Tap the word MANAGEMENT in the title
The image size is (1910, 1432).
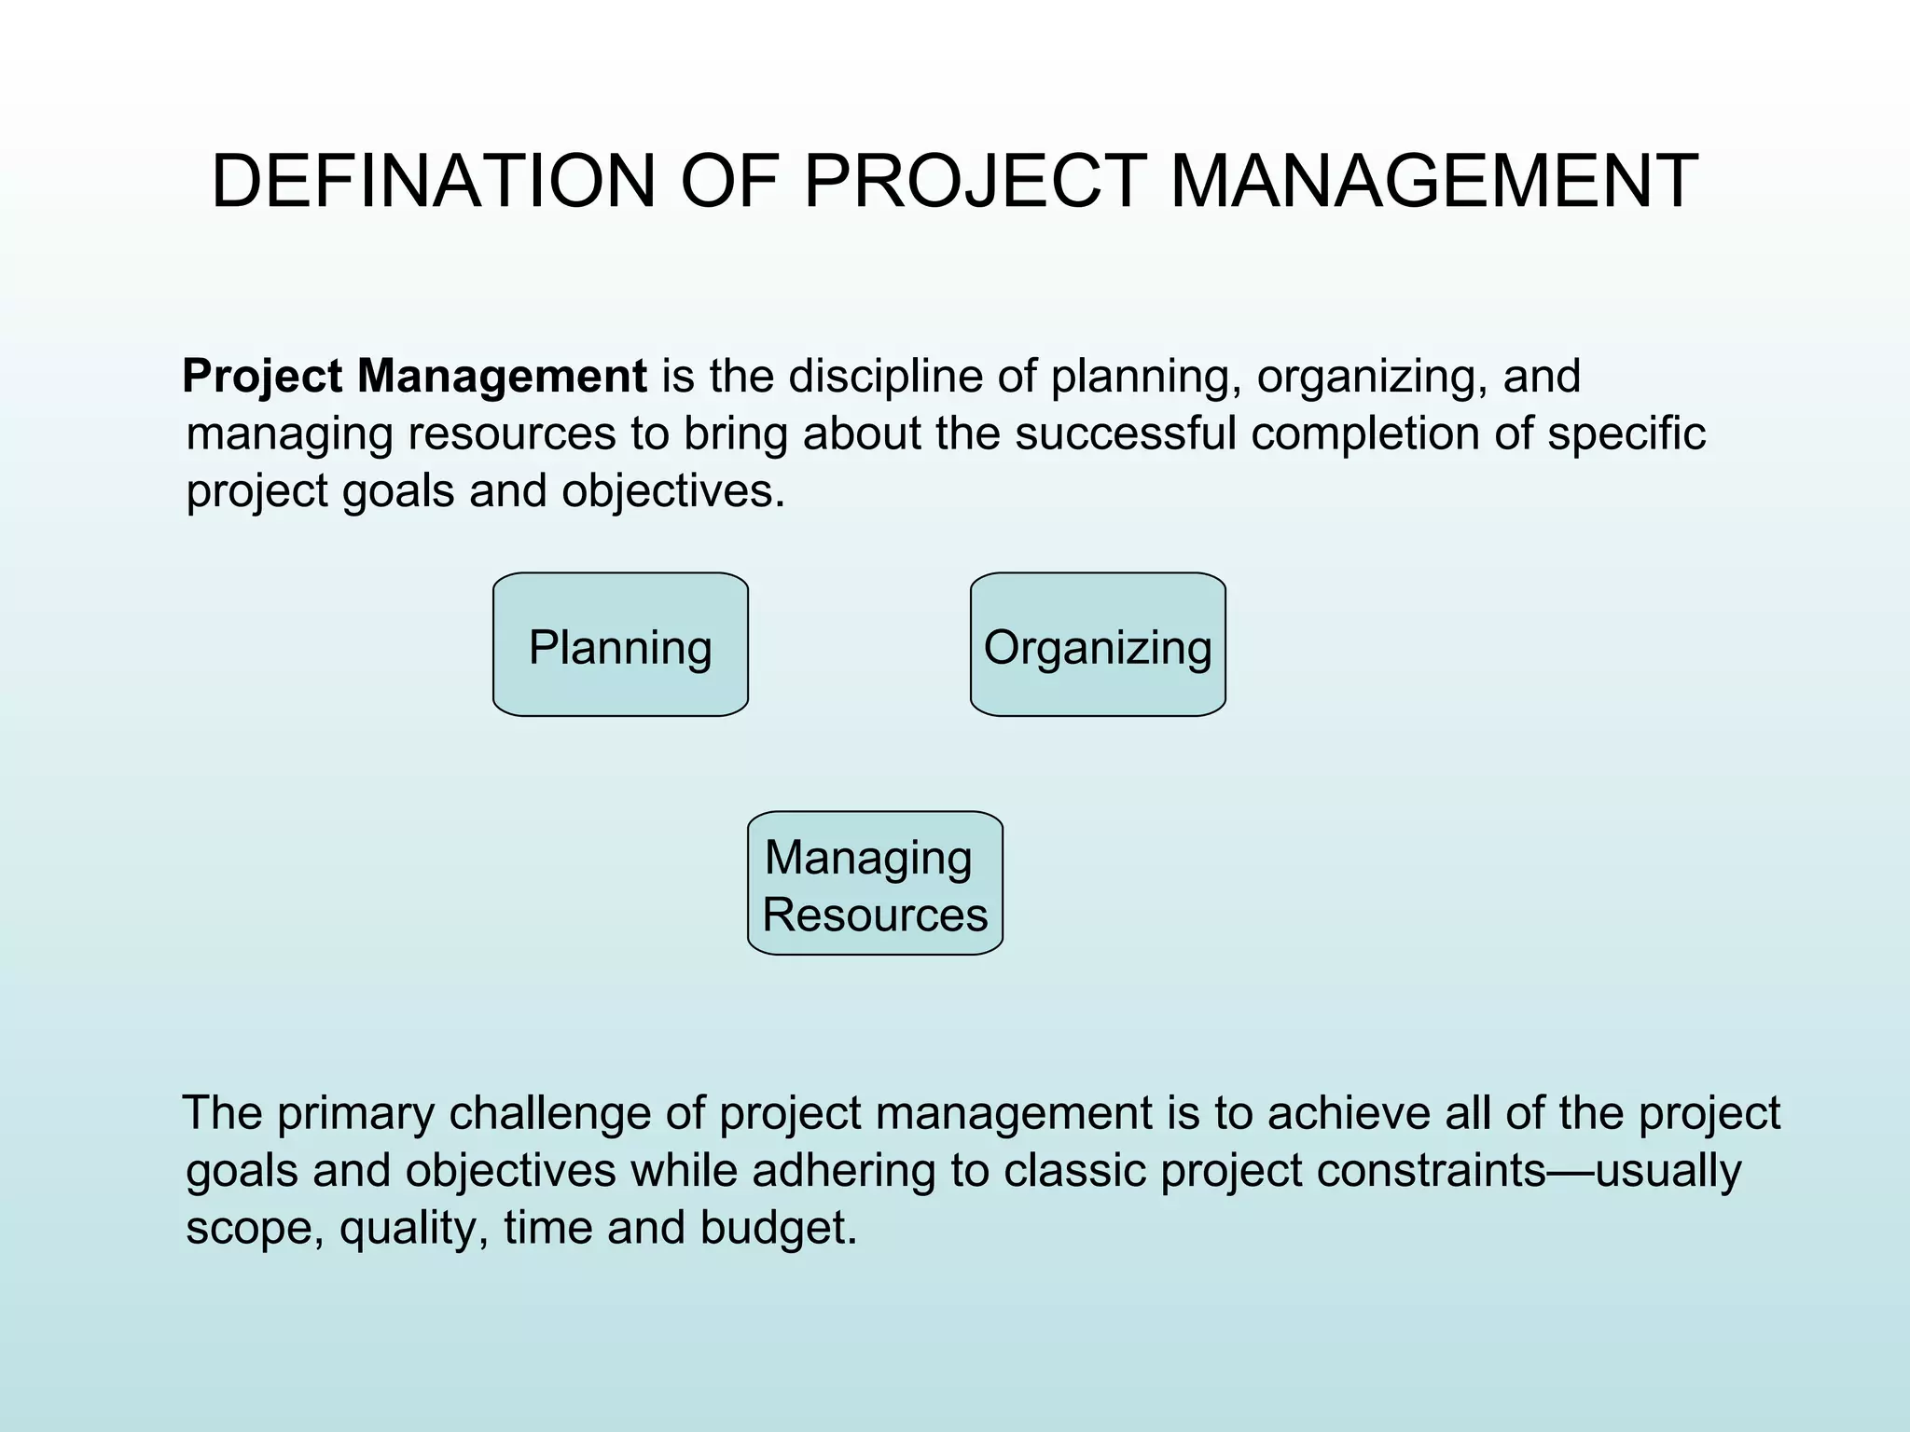click(1433, 181)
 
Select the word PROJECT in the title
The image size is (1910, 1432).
click(975, 181)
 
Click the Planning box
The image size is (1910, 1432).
click(620, 645)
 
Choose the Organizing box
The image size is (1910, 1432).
click(1098, 645)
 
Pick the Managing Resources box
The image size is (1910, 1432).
click(875, 883)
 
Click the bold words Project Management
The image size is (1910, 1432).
click(414, 377)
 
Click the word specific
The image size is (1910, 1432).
click(1626, 434)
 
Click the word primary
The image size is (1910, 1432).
click(355, 1113)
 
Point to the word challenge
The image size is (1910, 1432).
click(549, 1113)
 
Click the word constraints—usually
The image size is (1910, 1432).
click(1529, 1171)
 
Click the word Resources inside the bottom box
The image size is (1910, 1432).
click(875, 915)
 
